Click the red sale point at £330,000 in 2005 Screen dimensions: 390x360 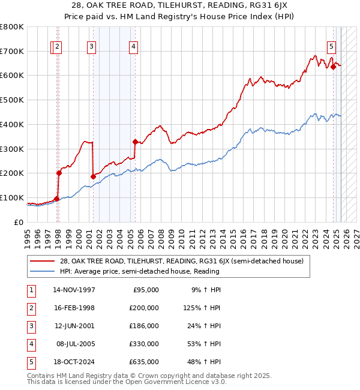tap(135, 142)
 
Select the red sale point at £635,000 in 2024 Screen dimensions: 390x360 tap(333, 67)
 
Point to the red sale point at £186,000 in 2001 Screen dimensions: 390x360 tap(93, 176)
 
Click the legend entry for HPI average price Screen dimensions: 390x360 tap(139, 271)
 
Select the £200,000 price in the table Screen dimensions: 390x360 tap(144, 308)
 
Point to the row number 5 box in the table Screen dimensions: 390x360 tap(30, 362)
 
